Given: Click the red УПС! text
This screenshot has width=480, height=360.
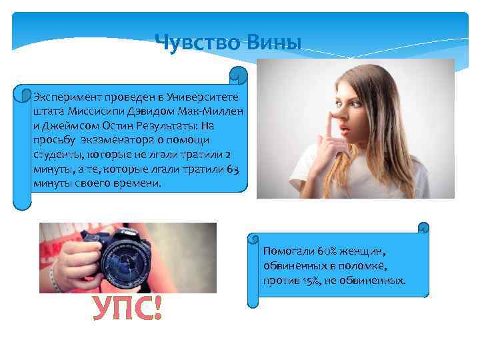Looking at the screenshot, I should (x=127, y=309).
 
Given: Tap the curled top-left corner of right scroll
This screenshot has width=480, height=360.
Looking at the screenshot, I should (x=253, y=239).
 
